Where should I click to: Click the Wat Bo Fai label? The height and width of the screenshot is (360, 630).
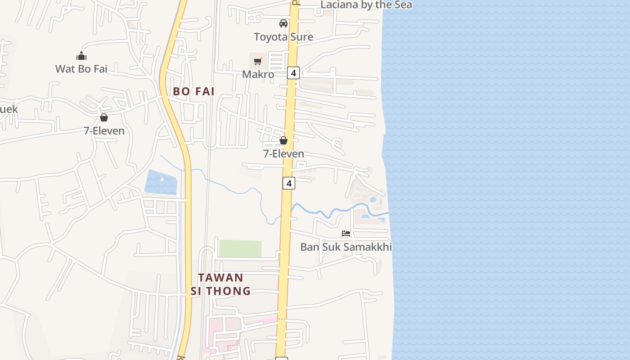click(x=81, y=69)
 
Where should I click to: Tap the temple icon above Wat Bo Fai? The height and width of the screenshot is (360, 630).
click(x=81, y=56)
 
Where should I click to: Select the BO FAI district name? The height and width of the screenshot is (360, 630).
click(x=193, y=91)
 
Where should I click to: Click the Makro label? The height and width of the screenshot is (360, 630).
click(x=258, y=74)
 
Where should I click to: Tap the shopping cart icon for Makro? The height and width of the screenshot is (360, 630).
click(x=257, y=61)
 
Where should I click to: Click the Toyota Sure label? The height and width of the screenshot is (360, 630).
click(x=283, y=37)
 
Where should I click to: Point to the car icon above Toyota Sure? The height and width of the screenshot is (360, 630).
click(x=283, y=23)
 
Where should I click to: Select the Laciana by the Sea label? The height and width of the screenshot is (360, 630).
click(x=366, y=5)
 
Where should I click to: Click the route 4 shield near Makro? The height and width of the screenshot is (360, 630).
click(x=293, y=72)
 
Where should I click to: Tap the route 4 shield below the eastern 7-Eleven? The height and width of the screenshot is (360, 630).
click(x=289, y=183)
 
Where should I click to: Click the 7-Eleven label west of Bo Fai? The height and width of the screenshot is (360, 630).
click(x=104, y=130)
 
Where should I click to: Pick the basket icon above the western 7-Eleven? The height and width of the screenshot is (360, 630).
click(x=104, y=117)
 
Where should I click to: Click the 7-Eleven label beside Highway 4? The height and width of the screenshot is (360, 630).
click(x=283, y=154)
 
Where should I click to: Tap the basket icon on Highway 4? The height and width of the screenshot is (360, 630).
click(x=283, y=141)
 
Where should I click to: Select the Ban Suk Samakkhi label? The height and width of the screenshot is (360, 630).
click(x=346, y=247)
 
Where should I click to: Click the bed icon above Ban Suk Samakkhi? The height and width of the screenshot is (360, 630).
click(x=346, y=234)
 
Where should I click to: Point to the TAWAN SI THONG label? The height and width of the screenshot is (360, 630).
click(x=220, y=284)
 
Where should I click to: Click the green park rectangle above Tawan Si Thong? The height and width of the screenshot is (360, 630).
click(x=240, y=248)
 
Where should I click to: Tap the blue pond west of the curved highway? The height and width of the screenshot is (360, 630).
click(x=161, y=182)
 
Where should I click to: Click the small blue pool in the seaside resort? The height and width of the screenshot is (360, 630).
click(x=373, y=199)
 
